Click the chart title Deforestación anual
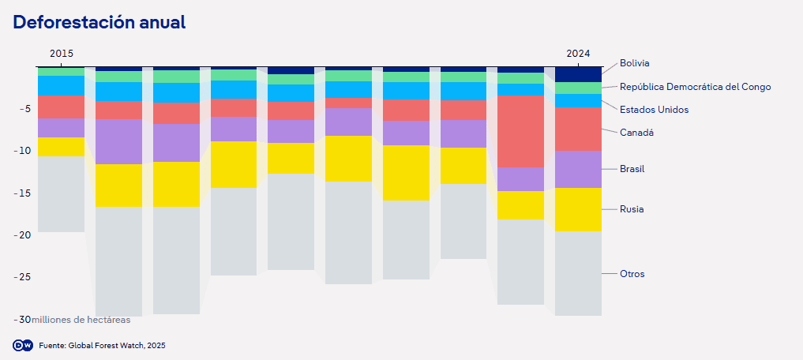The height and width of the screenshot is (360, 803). [x=99, y=22]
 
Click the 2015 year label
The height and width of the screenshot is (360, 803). [x=62, y=54]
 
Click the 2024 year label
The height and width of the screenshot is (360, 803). [x=578, y=54]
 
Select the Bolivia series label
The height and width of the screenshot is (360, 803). [x=635, y=63]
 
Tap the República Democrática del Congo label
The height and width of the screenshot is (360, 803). [x=695, y=87]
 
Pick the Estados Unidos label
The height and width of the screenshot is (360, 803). [x=654, y=110]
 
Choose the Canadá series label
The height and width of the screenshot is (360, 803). [x=636, y=133]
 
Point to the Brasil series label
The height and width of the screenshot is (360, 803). [x=633, y=169]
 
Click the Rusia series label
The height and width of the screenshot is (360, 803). [x=632, y=209]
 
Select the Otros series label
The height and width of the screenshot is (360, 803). [x=632, y=274]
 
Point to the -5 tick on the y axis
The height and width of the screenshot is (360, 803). [x=24, y=109]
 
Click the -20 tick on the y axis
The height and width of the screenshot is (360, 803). [x=21, y=235]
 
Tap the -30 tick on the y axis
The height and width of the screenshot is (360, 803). [x=21, y=320]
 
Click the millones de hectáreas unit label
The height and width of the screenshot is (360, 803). [x=81, y=320]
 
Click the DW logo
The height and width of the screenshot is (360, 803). [x=23, y=345]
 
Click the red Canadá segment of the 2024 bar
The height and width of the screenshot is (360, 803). [x=578, y=129]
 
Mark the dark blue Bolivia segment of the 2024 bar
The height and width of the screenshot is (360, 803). [x=578, y=74]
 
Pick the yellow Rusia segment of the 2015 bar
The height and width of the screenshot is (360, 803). [x=62, y=146]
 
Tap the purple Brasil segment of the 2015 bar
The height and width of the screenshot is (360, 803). [x=62, y=127]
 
